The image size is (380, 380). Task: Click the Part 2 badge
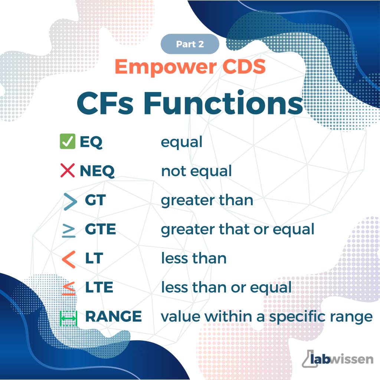[x=190, y=44]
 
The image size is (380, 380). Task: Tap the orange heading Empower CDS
[x=190, y=67]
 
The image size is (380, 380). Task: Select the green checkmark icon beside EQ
[x=68, y=141]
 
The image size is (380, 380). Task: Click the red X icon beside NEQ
[x=68, y=170]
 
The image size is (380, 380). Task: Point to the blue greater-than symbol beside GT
[x=70, y=202]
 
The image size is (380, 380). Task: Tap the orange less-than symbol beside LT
[x=69, y=259]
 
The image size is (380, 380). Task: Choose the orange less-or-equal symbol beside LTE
[x=69, y=288]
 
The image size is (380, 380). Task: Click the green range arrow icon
[x=69, y=318]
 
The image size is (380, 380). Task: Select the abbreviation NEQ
[x=97, y=171]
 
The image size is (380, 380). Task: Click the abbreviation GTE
[x=100, y=229]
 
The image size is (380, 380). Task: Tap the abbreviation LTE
[x=99, y=287]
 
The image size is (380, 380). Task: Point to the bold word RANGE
[x=114, y=316]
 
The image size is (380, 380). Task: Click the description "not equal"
[x=197, y=171]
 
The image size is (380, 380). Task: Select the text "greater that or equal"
[x=238, y=229]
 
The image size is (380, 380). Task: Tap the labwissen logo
[x=337, y=359]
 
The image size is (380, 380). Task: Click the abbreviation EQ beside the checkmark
[x=91, y=142]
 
